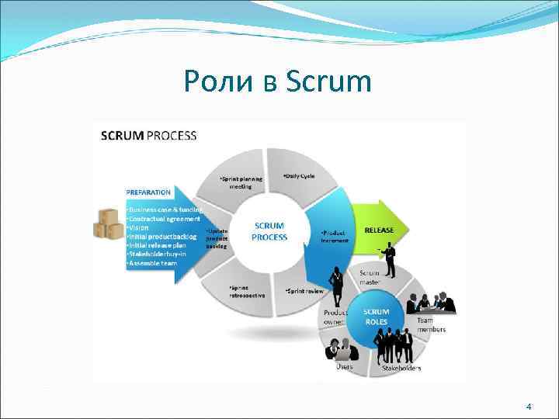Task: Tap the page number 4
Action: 528,407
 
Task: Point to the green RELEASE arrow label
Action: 379,230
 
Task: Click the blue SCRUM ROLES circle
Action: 377,317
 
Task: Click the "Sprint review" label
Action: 305,291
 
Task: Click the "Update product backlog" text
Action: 217,237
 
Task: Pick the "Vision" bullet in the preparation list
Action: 140,227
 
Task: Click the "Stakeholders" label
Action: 401,368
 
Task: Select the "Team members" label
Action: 431,324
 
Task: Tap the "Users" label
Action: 344,366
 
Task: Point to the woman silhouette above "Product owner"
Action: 338,287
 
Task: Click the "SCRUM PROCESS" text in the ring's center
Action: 269,231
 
